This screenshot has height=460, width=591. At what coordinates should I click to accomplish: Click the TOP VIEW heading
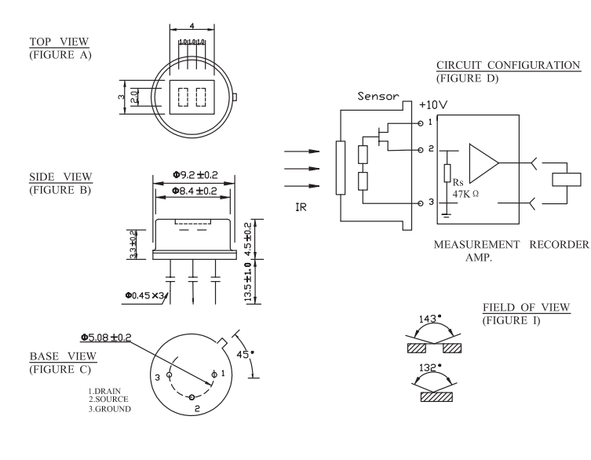point(60,41)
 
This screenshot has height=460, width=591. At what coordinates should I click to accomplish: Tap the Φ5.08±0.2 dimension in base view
point(106,338)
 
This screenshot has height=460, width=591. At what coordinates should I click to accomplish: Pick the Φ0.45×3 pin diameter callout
point(144,295)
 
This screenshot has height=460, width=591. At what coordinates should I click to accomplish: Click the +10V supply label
point(433,104)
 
